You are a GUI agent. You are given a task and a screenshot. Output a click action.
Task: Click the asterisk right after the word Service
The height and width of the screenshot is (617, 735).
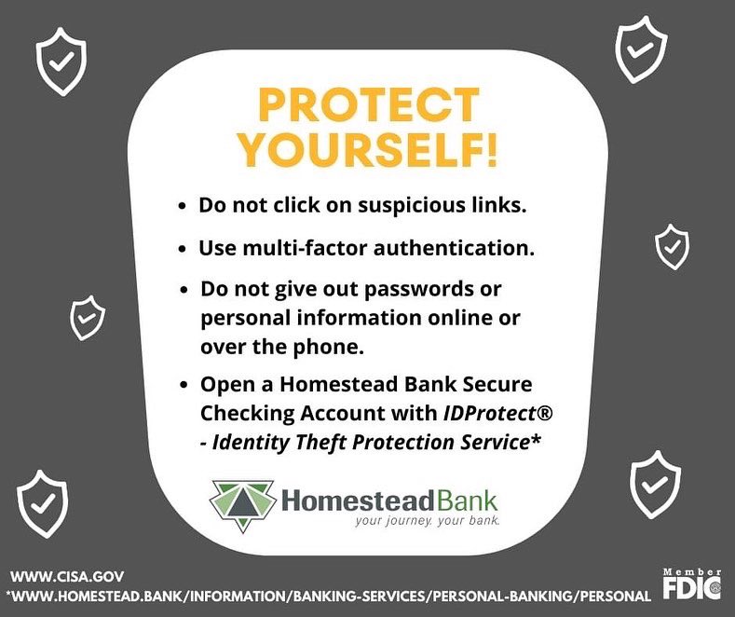point(536,439)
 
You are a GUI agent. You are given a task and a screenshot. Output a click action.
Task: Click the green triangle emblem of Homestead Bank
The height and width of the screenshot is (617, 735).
point(243,504)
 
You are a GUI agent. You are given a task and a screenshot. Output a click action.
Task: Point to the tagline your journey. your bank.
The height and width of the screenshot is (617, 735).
point(427,522)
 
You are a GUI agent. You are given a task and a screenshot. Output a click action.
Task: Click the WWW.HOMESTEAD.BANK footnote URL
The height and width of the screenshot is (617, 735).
point(327,596)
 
